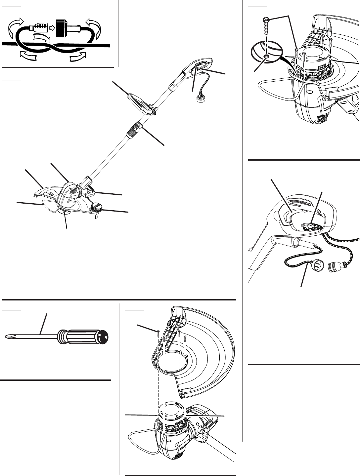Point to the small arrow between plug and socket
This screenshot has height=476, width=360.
(52, 28)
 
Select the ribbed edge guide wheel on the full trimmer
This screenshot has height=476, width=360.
(96, 207)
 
